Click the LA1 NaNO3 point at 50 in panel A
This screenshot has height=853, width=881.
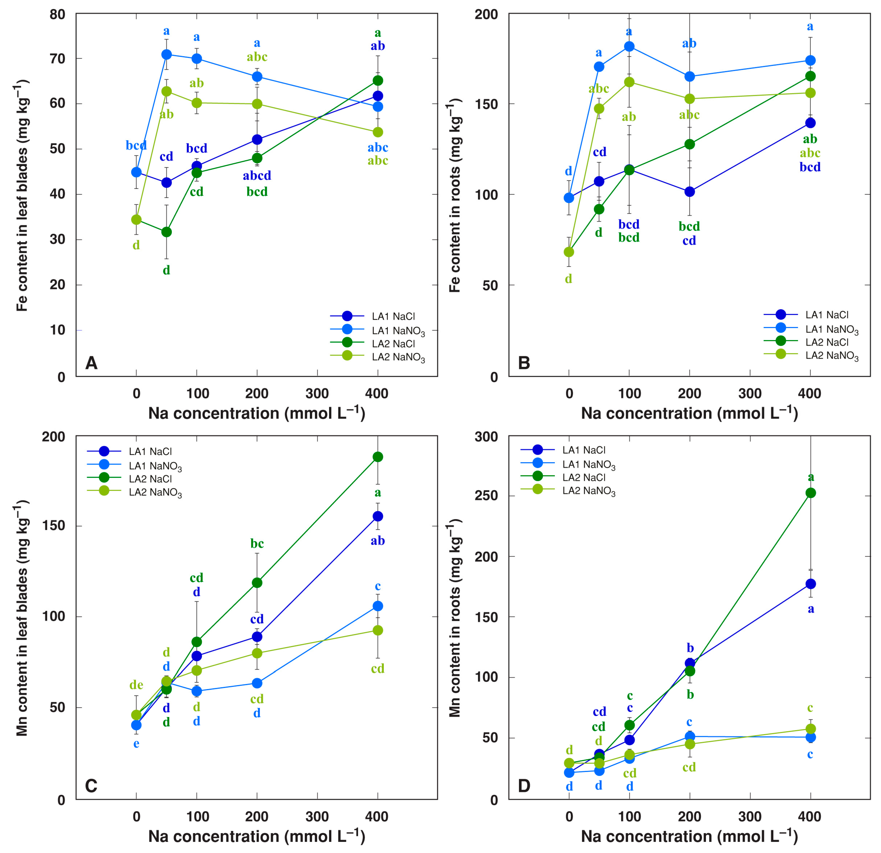[166, 54]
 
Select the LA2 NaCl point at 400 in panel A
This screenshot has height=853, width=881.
[378, 80]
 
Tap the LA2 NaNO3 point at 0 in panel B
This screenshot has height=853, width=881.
[569, 252]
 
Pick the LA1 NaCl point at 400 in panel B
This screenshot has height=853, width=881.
[810, 123]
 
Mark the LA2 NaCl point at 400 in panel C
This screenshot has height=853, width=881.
[378, 457]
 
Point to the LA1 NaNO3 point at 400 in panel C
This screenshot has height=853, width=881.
[378, 606]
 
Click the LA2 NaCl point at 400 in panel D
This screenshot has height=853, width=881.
[810, 493]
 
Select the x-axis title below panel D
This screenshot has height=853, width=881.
[689, 836]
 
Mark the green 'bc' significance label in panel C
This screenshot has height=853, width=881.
[257, 544]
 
